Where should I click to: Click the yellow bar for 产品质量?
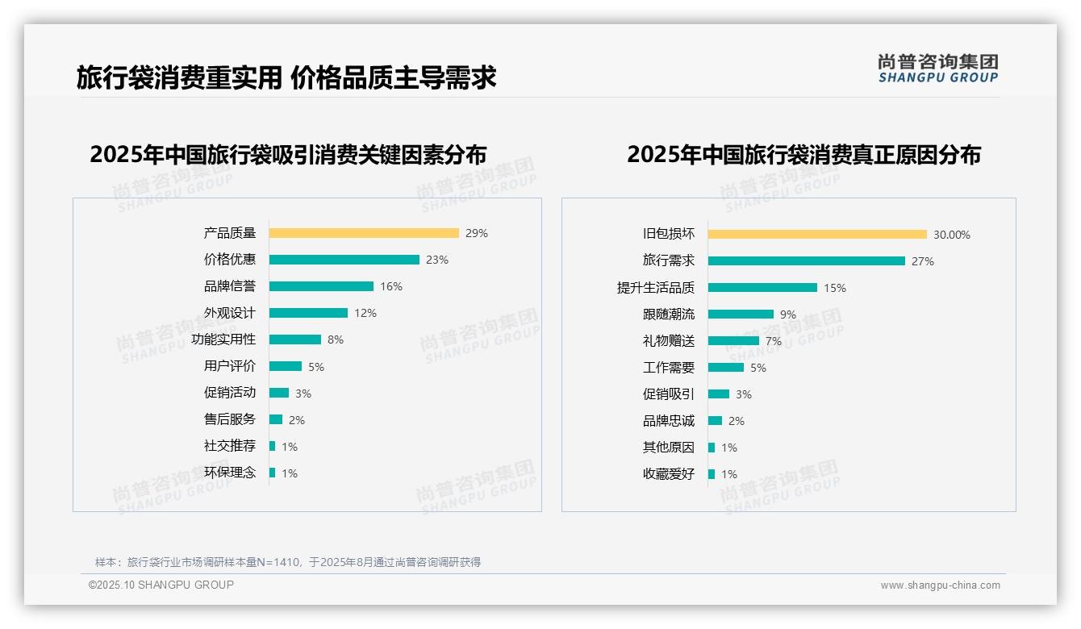364,233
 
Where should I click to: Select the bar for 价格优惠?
344,260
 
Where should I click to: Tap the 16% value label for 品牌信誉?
391,286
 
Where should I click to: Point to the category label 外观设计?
229,313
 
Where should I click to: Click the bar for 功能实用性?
295,339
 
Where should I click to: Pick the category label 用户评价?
229,366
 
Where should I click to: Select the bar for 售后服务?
276,419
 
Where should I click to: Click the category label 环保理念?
229,473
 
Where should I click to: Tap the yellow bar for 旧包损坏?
817,235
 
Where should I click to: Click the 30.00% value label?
952,235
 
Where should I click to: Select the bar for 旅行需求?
807,261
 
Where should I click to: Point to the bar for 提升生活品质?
762,288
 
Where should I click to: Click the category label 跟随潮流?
668,314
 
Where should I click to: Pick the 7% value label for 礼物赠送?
774,341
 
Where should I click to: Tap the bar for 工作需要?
726,368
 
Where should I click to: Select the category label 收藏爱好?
668,474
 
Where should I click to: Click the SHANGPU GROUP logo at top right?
937,69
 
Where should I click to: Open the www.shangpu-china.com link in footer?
940,585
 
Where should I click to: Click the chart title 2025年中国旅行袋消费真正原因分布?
803,155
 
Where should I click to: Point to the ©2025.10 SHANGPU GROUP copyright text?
161,585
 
